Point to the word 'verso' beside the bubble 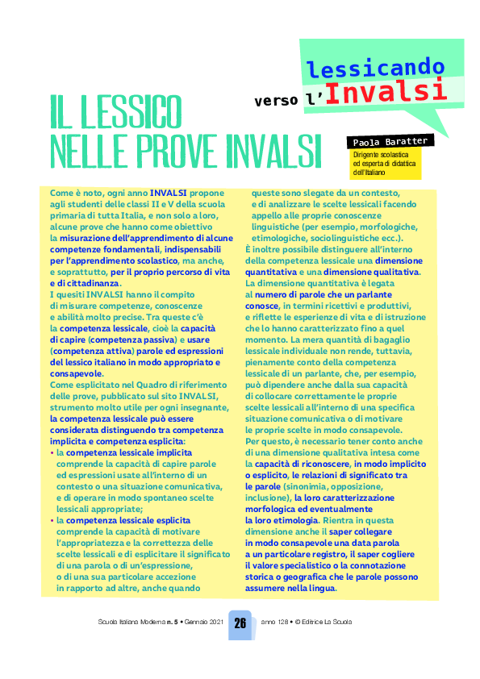click(277, 101)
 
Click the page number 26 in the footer click(240, 623)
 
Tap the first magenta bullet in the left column click(52, 453)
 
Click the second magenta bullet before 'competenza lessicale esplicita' click(52, 521)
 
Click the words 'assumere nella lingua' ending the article click(290, 588)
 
